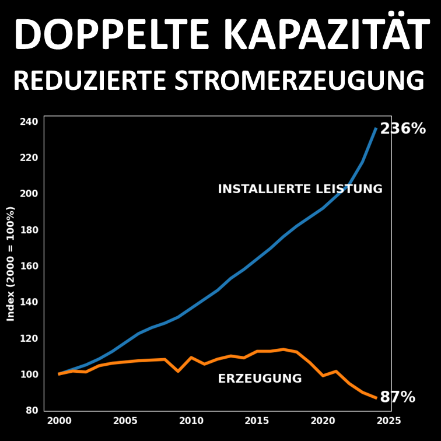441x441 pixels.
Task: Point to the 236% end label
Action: (402, 129)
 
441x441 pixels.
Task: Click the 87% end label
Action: (397, 398)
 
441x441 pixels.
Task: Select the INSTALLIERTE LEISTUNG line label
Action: (300, 189)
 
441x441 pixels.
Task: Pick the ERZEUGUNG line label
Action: (260, 379)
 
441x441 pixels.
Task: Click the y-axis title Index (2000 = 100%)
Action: (10, 263)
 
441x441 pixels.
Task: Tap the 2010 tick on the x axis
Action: (191, 421)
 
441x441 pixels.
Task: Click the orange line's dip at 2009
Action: (178, 371)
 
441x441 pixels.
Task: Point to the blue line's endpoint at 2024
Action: (376, 128)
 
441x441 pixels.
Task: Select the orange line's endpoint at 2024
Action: (376, 398)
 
